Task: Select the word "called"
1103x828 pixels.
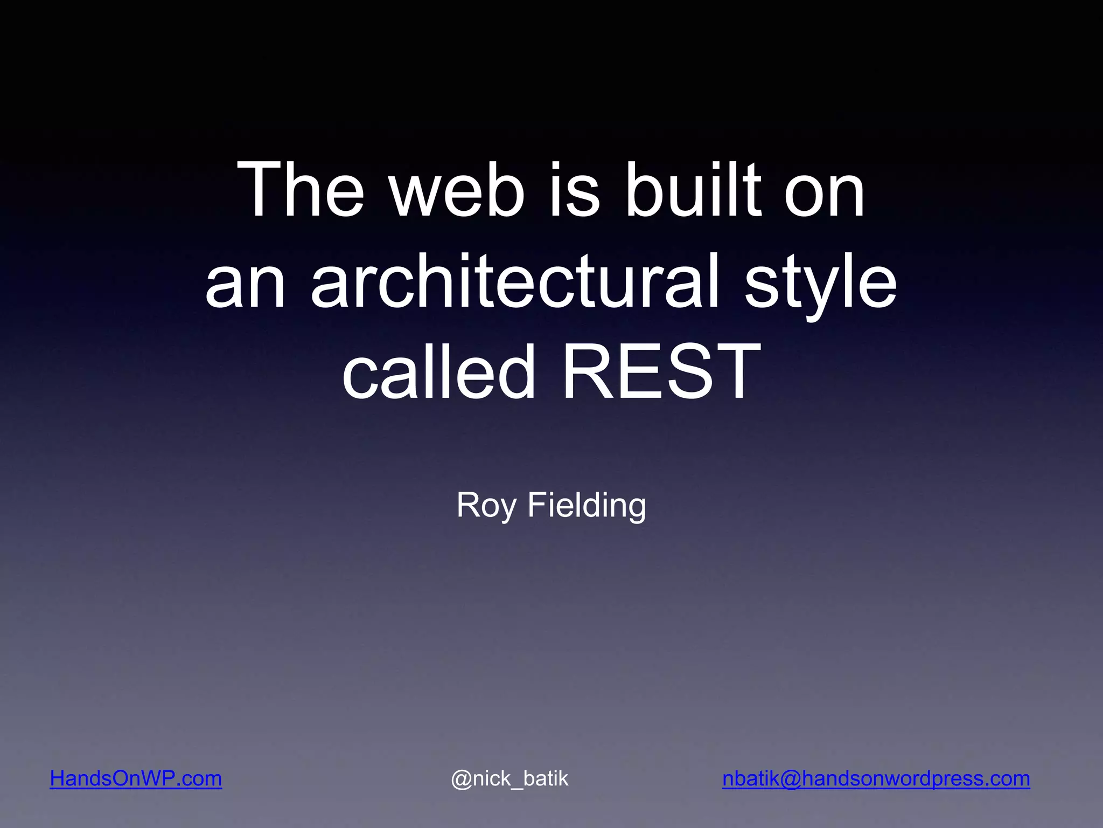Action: (439, 372)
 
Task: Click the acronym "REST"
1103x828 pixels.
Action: (661, 372)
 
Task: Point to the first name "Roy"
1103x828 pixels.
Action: (486, 506)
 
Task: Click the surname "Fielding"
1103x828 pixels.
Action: (587, 506)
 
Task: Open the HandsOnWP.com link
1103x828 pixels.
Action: (136, 778)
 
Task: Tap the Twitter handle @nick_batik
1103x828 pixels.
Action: (509, 778)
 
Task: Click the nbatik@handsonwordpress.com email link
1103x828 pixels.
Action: (876, 778)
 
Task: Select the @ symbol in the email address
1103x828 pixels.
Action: (790, 779)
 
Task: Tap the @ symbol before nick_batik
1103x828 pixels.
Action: (462, 779)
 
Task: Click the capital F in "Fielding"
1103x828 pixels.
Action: (536, 505)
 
